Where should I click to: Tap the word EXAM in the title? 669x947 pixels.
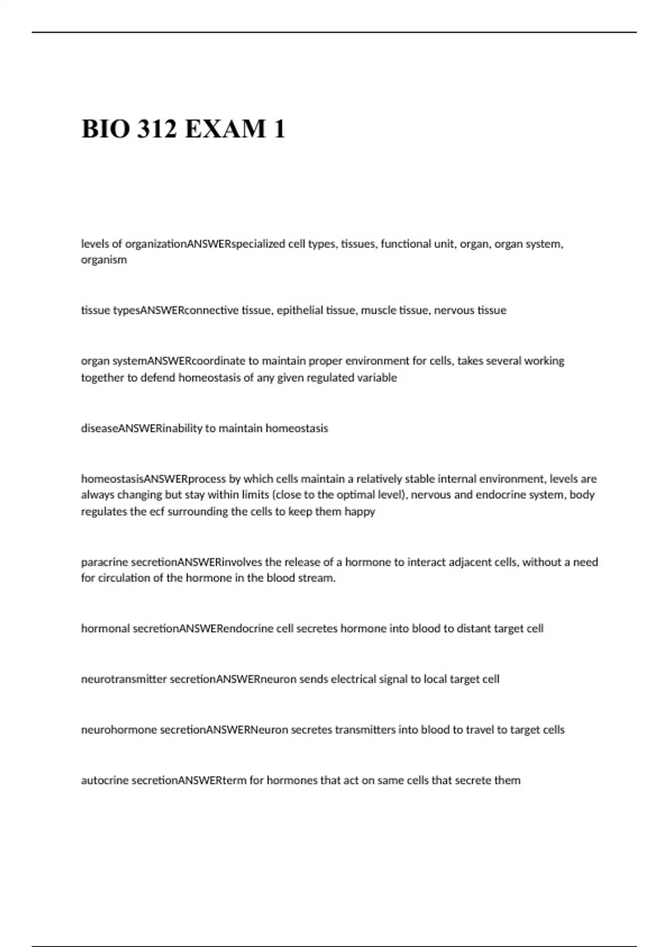click(x=225, y=129)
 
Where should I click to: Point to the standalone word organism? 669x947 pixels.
click(x=104, y=260)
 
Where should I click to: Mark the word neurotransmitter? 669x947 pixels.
click(x=124, y=679)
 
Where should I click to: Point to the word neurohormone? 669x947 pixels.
click(x=119, y=730)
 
